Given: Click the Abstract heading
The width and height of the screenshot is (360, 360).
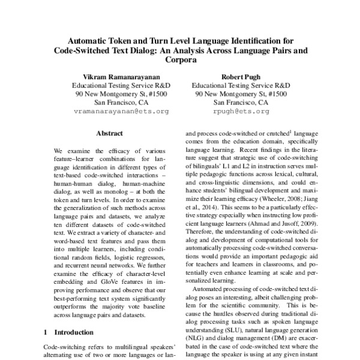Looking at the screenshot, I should click(x=109, y=133).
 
